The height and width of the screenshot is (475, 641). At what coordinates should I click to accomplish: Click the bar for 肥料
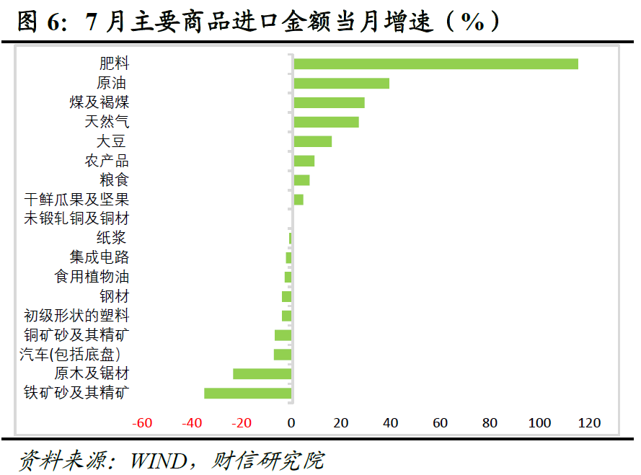[x=436, y=63]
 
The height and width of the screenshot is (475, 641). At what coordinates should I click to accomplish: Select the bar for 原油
[x=341, y=83]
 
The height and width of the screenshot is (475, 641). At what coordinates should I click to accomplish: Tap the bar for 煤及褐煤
[x=329, y=102]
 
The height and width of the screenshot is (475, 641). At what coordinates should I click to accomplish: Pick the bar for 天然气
[x=326, y=122]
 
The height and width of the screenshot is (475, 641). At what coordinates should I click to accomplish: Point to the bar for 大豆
[x=312, y=141]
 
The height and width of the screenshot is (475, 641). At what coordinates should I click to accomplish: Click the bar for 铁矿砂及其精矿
[x=247, y=393]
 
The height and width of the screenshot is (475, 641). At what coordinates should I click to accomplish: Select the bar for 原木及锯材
[x=262, y=373]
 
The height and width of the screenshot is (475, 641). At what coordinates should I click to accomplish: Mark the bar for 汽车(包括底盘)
[x=282, y=354]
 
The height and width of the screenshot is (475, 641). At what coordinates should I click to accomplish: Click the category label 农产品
[x=107, y=160]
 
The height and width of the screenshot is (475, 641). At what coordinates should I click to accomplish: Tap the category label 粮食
[x=114, y=179]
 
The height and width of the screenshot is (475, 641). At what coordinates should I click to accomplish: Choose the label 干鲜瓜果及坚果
[x=76, y=199]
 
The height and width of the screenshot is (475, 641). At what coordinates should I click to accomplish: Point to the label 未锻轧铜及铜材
[x=76, y=218]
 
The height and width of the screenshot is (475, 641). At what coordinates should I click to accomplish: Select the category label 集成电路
[x=100, y=257]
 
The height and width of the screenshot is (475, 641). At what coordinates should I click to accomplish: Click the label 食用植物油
[x=92, y=277]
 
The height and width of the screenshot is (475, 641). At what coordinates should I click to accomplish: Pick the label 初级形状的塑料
[x=76, y=316]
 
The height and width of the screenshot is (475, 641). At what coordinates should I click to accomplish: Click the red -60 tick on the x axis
[x=142, y=423]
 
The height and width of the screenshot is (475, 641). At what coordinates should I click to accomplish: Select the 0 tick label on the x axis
[x=291, y=423]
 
